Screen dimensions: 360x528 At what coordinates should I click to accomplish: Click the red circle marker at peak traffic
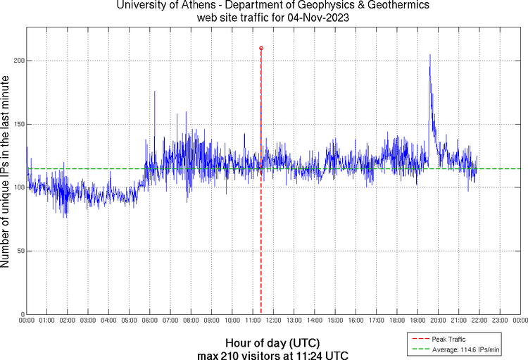[261, 48]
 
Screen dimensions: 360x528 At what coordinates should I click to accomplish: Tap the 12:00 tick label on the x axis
[273, 321]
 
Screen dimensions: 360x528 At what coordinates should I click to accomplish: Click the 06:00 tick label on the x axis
[150, 321]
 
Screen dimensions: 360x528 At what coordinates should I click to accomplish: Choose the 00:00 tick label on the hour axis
[27, 321]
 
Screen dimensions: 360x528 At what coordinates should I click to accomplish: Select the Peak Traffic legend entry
[448, 339]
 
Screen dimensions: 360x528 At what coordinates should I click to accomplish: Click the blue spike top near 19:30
[429, 54]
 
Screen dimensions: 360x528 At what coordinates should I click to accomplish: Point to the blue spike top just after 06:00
[155, 92]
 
